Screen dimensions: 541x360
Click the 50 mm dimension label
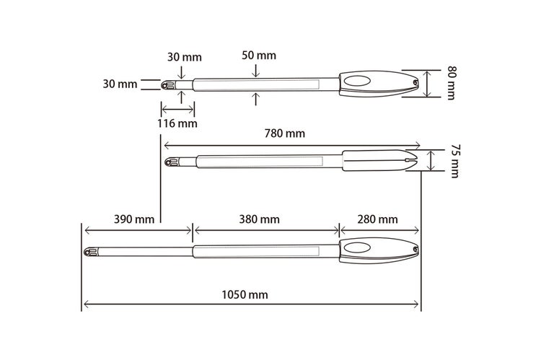[259, 56]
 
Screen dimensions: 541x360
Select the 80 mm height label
[452, 83]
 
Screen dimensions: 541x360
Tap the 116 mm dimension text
[177, 123]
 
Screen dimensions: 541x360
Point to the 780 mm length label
[285, 133]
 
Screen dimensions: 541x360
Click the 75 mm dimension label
[455, 161]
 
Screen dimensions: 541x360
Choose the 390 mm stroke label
[134, 219]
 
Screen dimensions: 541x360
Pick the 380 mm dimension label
[259, 219]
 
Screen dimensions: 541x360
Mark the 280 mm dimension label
[377, 219]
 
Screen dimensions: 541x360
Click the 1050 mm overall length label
[245, 295]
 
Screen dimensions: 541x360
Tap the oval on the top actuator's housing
[357, 81]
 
